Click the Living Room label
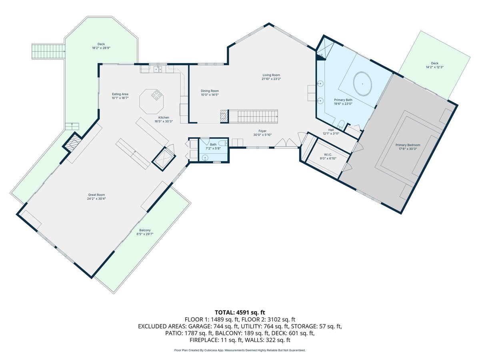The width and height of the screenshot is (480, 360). click(x=271, y=75)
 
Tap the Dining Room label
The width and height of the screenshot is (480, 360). click(x=210, y=91)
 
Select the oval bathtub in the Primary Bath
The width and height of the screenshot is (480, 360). click(x=362, y=84)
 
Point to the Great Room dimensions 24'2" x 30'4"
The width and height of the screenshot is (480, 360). click(x=96, y=199)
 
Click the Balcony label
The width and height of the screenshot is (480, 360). click(x=145, y=230)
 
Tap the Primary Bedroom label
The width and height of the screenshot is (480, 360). click(x=408, y=145)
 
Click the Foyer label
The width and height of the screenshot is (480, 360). click(x=262, y=131)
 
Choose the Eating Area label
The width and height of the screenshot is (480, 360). click(x=120, y=94)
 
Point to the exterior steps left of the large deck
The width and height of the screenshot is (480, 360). click(x=48, y=51)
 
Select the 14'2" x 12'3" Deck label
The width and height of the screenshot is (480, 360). click(x=434, y=63)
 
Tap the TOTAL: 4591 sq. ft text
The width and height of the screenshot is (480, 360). click(x=240, y=312)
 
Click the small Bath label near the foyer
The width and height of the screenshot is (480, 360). click(x=213, y=144)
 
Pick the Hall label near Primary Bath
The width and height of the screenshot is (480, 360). click(x=331, y=130)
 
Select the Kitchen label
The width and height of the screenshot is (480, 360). click(x=163, y=118)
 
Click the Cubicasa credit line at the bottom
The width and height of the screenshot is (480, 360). click(x=240, y=350)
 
